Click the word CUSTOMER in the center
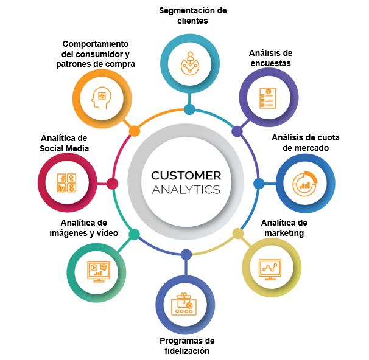[186, 176]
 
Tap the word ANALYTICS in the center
[186, 190]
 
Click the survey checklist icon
[268, 98]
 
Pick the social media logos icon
[66, 183]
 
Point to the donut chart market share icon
[305, 184]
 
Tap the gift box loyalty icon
[184, 304]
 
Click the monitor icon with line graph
[270, 269]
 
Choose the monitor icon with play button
[99, 272]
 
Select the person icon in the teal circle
[190, 63]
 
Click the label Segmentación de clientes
[193, 16]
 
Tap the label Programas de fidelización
[187, 345]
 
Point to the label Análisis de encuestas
[270, 58]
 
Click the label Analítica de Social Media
[65, 143]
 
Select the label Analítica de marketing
[284, 227]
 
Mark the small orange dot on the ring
[135, 131]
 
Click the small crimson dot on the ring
[112, 184]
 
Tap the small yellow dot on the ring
[238, 234]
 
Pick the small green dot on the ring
[135, 234]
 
